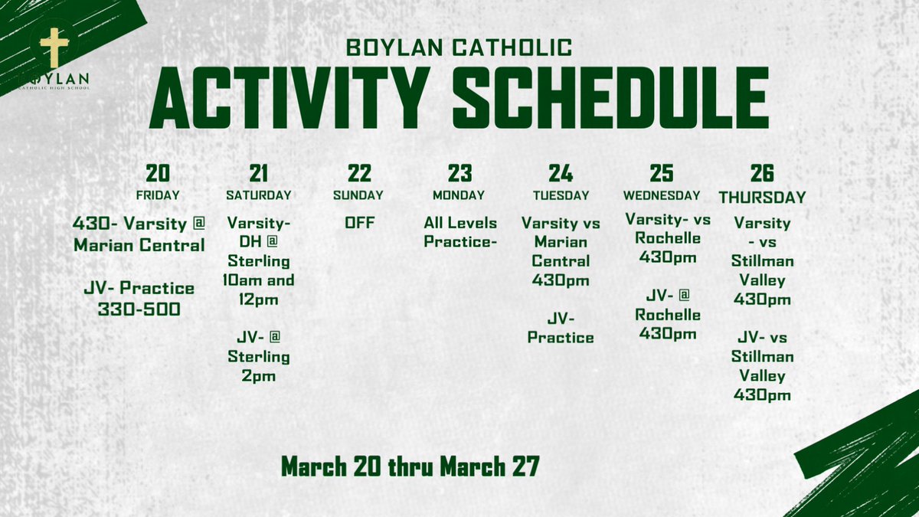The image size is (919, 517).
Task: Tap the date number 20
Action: point(158,172)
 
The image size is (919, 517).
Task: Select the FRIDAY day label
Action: point(158,195)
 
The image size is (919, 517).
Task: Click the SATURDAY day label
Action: point(259,195)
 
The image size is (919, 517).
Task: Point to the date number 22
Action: point(358,172)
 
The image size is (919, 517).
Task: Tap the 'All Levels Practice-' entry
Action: point(460,232)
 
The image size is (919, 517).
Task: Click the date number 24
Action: point(561,172)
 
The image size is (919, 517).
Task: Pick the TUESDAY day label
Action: point(561,195)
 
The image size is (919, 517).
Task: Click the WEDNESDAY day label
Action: point(662,195)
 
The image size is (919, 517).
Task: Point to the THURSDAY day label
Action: point(762,197)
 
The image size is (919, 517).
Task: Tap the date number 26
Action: point(762,172)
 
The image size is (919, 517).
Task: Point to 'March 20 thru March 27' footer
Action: point(410,466)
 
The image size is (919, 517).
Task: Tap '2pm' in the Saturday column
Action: point(259,376)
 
